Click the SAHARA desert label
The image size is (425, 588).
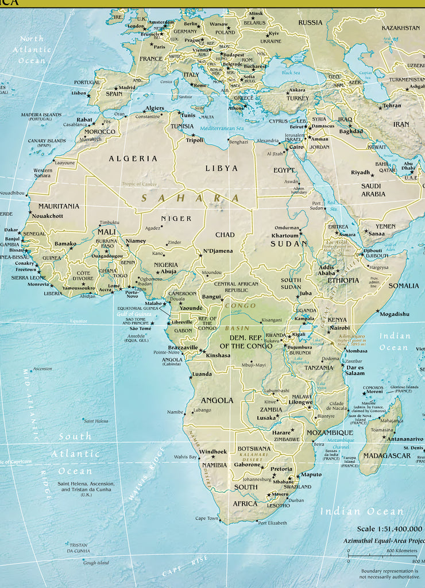point(190,198)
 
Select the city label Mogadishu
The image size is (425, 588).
point(394,314)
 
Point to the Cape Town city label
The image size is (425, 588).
point(207,519)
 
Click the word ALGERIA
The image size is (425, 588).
point(133,158)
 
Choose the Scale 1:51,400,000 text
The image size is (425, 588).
point(389,529)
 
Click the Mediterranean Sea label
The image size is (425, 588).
point(222,127)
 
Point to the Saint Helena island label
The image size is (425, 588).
point(96,421)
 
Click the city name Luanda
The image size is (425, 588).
point(202,374)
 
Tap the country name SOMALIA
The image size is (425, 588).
point(404,285)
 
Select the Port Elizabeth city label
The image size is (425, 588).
point(272,523)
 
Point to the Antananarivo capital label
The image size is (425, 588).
point(405,439)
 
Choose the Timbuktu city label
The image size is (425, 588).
point(109,223)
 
